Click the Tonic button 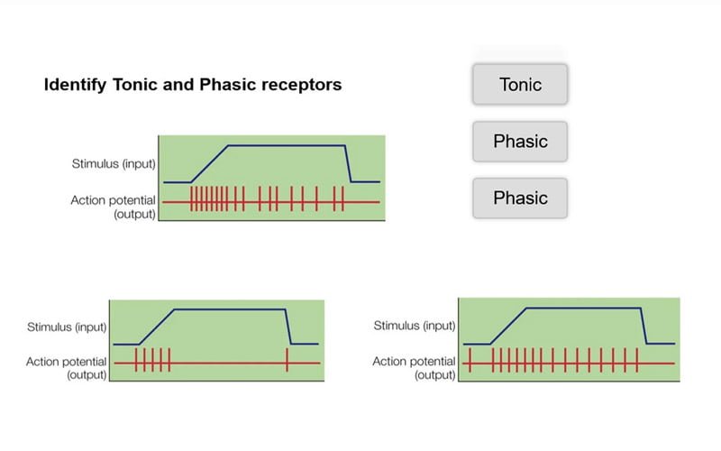pyautogui.click(x=520, y=85)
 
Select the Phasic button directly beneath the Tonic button pyautogui.click(x=520, y=142)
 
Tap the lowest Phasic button pyautogui.click(x=520, y=198)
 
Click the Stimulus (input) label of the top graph pyautogui.click(x=114, y=164)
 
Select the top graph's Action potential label pyautogui.click(x=114, y=200)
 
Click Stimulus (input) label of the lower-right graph pyautogui.click(x=415, y=326)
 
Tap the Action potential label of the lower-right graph pyautogui.click(x=415, y=362)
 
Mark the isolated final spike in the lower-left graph pyautogui.click(x=287, y=363)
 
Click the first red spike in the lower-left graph pyautogui.click(x=135, y=363)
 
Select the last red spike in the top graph pyautogui.click(x=342, y=200)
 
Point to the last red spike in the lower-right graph pyautogui.click(x=636, y=362)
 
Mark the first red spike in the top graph pyautogui.click(x=191, y=200)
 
